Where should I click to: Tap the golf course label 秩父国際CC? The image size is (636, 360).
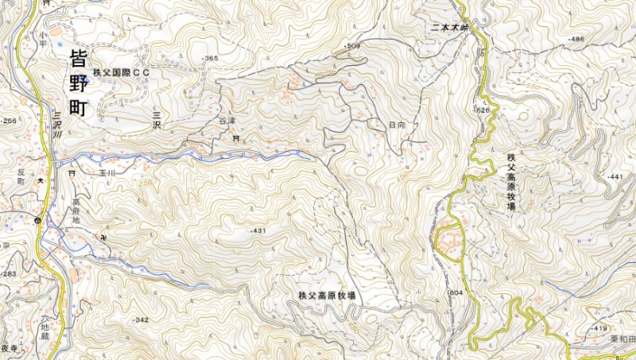121,72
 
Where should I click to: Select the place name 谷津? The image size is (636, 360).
227,122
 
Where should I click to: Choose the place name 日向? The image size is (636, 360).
397,126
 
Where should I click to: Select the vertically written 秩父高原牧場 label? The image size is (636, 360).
510,182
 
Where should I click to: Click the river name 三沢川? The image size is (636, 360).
56,125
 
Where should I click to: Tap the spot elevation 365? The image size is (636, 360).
211,59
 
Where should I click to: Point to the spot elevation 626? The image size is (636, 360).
482,110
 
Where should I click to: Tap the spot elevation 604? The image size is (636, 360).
455,293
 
